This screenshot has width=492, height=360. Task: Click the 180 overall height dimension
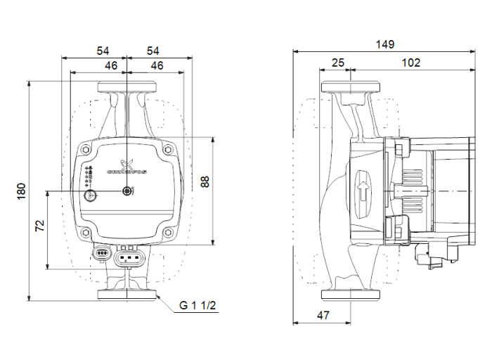[21, 189]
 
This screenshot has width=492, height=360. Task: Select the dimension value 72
[39, 226]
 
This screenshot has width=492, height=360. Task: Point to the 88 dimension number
[205, 182]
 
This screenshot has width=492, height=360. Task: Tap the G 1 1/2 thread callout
[198, 305]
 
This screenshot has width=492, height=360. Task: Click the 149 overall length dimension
[384, 44]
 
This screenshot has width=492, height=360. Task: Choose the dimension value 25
[337, 63]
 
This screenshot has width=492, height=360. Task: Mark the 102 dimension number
[411, 63]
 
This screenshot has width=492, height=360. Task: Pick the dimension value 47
[323, 316]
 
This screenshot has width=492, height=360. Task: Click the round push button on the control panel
[91, 195]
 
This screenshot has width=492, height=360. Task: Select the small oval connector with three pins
[102, 252]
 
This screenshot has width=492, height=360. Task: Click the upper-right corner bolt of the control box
[167, 149]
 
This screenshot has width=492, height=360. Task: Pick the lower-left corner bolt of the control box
[86, 234]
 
